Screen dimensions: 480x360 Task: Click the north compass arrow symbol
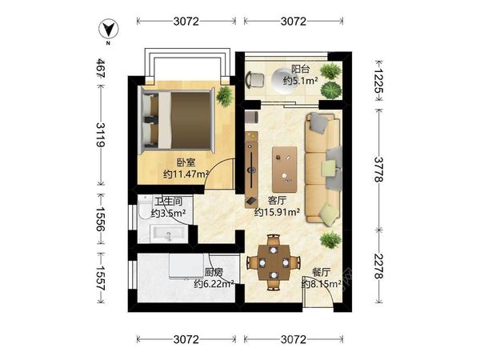tap(109, 30)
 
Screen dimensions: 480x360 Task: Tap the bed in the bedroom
tap(176, 120)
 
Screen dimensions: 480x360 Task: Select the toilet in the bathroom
tap(144, 206)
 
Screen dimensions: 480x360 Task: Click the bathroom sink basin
tap(167, 234)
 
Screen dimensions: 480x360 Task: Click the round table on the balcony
tap(284, 80)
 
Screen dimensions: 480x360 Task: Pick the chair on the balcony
tap(255, 80)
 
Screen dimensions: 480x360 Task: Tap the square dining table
tap(274, 262)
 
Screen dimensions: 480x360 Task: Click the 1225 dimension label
tap(378, 80)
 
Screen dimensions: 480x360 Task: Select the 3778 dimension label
tap(378, 170)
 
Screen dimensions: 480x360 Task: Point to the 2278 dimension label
tap(378, 266)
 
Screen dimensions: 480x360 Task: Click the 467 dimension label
tap(101, 68)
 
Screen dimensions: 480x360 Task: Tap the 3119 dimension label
tap(101, 134)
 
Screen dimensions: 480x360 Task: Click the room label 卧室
tap(186, 162)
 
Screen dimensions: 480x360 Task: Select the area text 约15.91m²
tap(277, 212)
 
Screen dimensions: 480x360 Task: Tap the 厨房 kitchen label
tap(214, 273)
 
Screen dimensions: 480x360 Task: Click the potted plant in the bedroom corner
tap(225, 97)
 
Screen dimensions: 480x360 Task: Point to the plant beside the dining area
tap(331, 240)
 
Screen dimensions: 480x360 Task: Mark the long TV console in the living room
tap(251, 168)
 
